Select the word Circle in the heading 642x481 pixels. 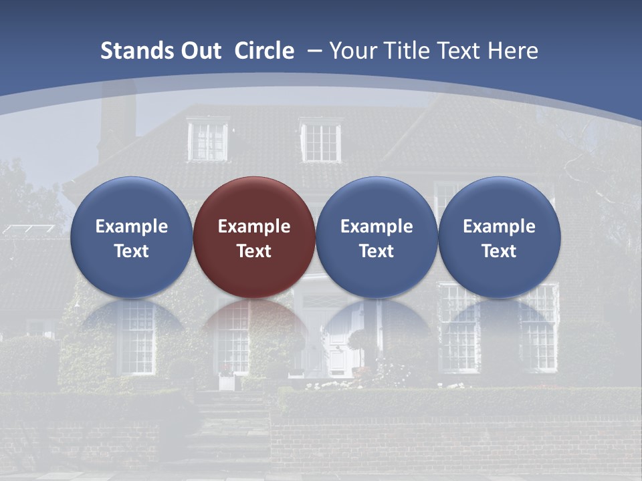pos(264,51)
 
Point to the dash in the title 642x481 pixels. pos(314,51)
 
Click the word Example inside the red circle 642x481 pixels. pos(254,226)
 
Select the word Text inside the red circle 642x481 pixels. pos(254,251)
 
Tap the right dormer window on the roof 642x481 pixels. pos(321,141)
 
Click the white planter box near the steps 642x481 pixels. pos(227,381)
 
